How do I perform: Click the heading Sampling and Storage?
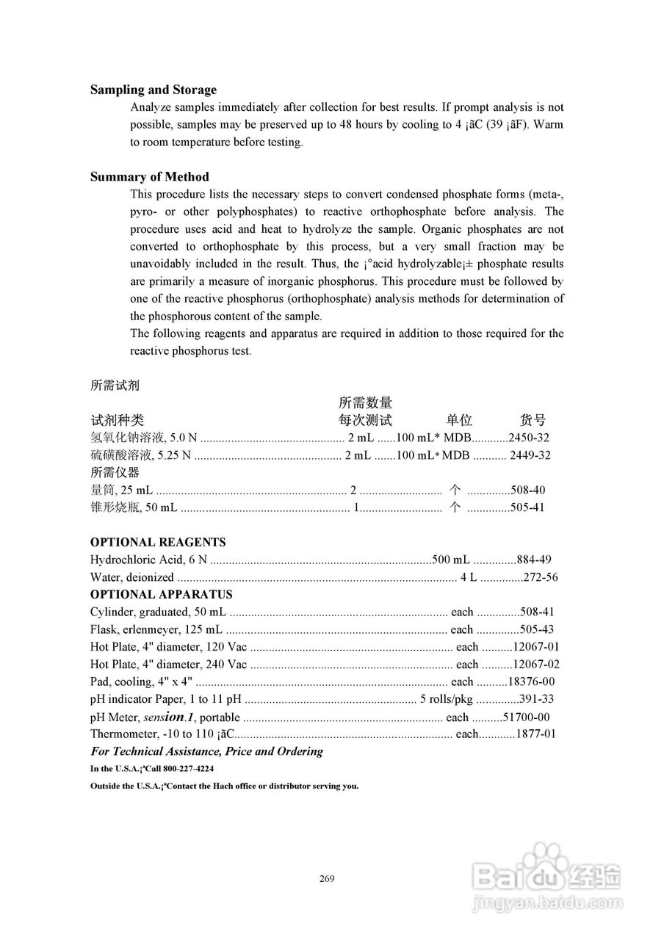pos(154,90)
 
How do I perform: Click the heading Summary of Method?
pos(149,176)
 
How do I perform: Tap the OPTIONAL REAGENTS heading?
pos(158,542)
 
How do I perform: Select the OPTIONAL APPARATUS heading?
pos(161,594)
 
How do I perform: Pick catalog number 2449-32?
pos(530,455)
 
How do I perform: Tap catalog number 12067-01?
pos(535,647)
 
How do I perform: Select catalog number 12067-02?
pos(535,665)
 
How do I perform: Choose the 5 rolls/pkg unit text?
pos(446,699)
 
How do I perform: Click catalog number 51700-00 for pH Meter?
pos(527,717)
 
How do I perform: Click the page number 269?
pos(328,878)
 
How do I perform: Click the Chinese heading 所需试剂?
pos(115,385)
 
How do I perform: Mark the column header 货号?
pos(533,420)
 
